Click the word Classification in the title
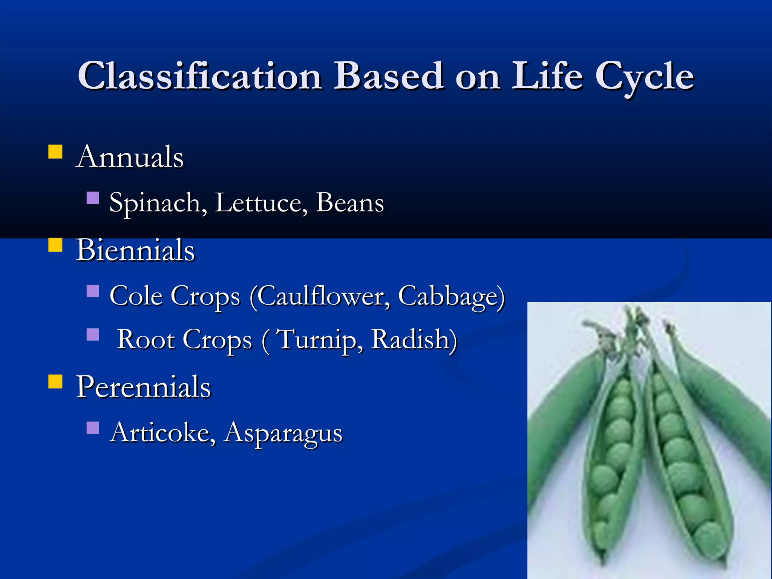(200, 77)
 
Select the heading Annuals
(130, 157)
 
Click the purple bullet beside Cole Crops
(92, 291)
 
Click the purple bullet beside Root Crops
(92, 335)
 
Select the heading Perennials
(143, 387)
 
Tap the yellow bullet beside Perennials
(55, 381)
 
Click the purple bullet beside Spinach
(92, 198)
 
